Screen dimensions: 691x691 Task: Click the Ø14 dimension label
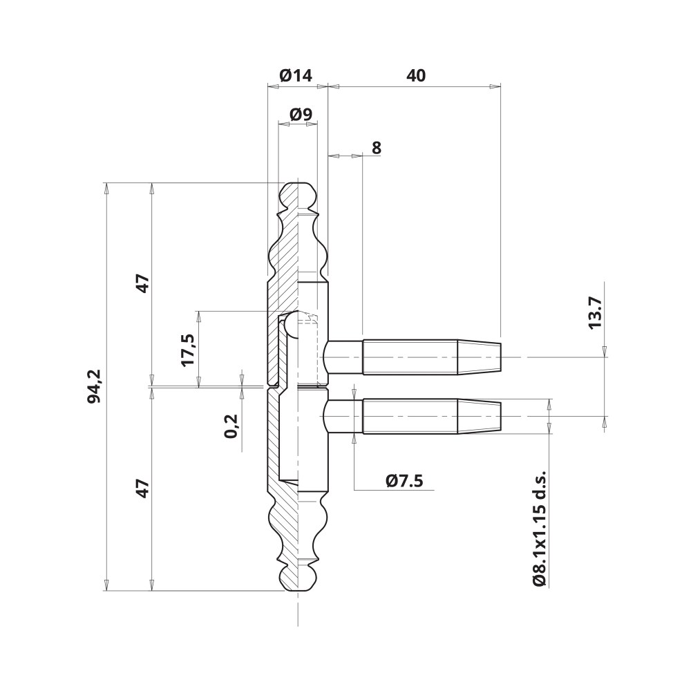296,76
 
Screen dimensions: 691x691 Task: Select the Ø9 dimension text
301,115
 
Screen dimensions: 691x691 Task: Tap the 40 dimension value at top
416,76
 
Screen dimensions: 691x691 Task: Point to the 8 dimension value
377,148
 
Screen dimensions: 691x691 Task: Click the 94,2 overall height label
94,386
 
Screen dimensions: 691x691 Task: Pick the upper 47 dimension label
142,285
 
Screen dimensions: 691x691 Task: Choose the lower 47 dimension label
142,489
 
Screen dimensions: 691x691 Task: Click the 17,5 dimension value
188,350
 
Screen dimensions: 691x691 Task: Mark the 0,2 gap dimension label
231,426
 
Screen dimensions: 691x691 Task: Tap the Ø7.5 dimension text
404,481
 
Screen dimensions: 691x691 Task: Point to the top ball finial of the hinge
299,194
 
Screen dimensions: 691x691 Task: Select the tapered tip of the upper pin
480,357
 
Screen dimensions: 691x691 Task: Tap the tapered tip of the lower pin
480,417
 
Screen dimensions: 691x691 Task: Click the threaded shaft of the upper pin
410,357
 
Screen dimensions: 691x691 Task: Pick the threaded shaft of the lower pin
410,417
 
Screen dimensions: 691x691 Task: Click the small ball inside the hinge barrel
292,323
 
